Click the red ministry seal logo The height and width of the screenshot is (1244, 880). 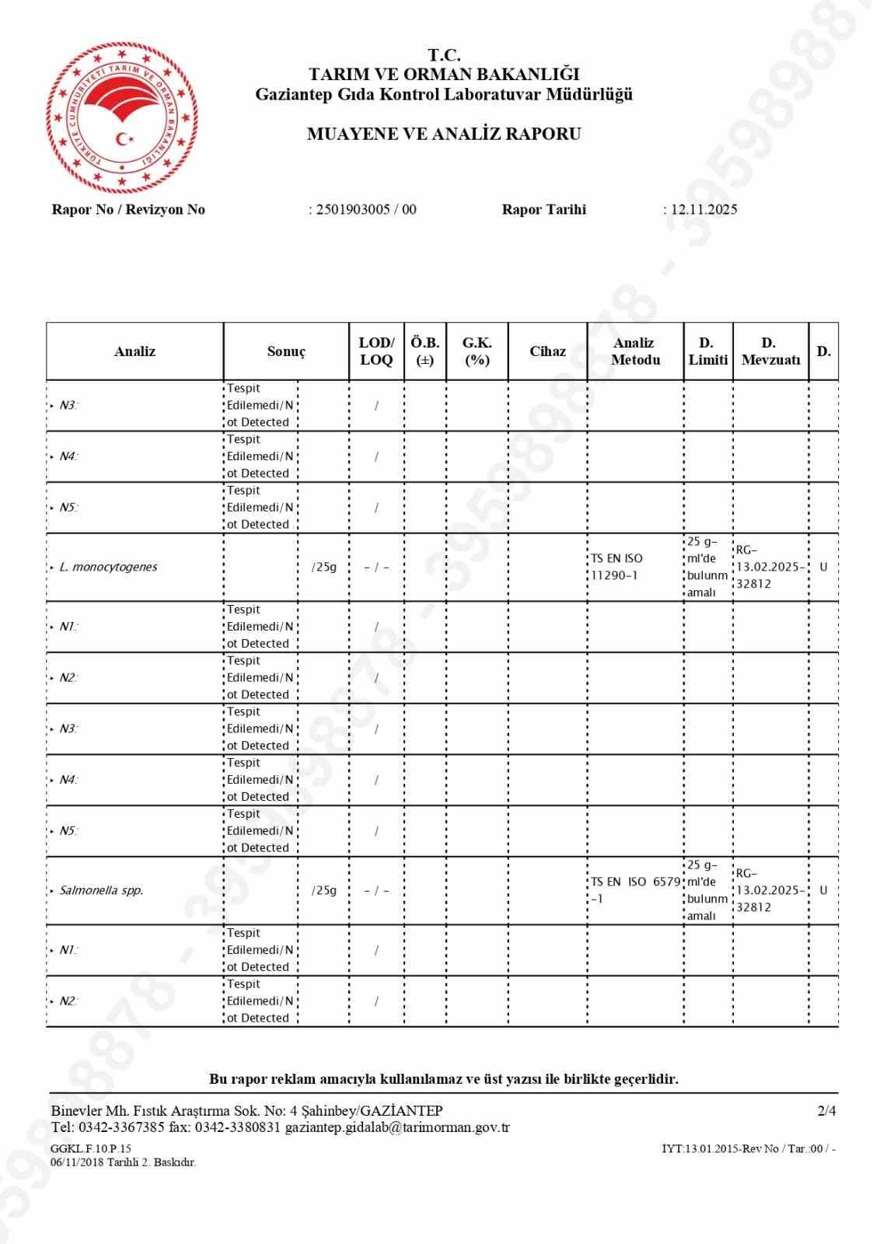121,117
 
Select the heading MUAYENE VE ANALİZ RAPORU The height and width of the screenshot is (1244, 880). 444,134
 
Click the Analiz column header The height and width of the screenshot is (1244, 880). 134,351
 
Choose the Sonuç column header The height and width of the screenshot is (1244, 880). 286,351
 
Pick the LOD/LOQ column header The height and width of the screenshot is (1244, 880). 376,351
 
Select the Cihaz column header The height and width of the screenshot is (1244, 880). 547,351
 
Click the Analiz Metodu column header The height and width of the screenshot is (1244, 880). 634,351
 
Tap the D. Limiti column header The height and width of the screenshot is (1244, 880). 707,351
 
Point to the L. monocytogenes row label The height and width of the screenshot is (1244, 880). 108,567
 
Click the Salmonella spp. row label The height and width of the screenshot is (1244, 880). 102,890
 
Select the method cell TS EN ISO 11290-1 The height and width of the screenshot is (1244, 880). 617,567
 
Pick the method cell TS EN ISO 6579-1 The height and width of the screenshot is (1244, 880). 634,890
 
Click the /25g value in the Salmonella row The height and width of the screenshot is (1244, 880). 324,890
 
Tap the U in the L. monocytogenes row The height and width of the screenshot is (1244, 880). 823,567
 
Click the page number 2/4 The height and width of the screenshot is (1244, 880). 826,1111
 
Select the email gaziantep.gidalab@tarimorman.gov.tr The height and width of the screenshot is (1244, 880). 397,1127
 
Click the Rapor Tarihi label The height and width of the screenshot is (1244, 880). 544,209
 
